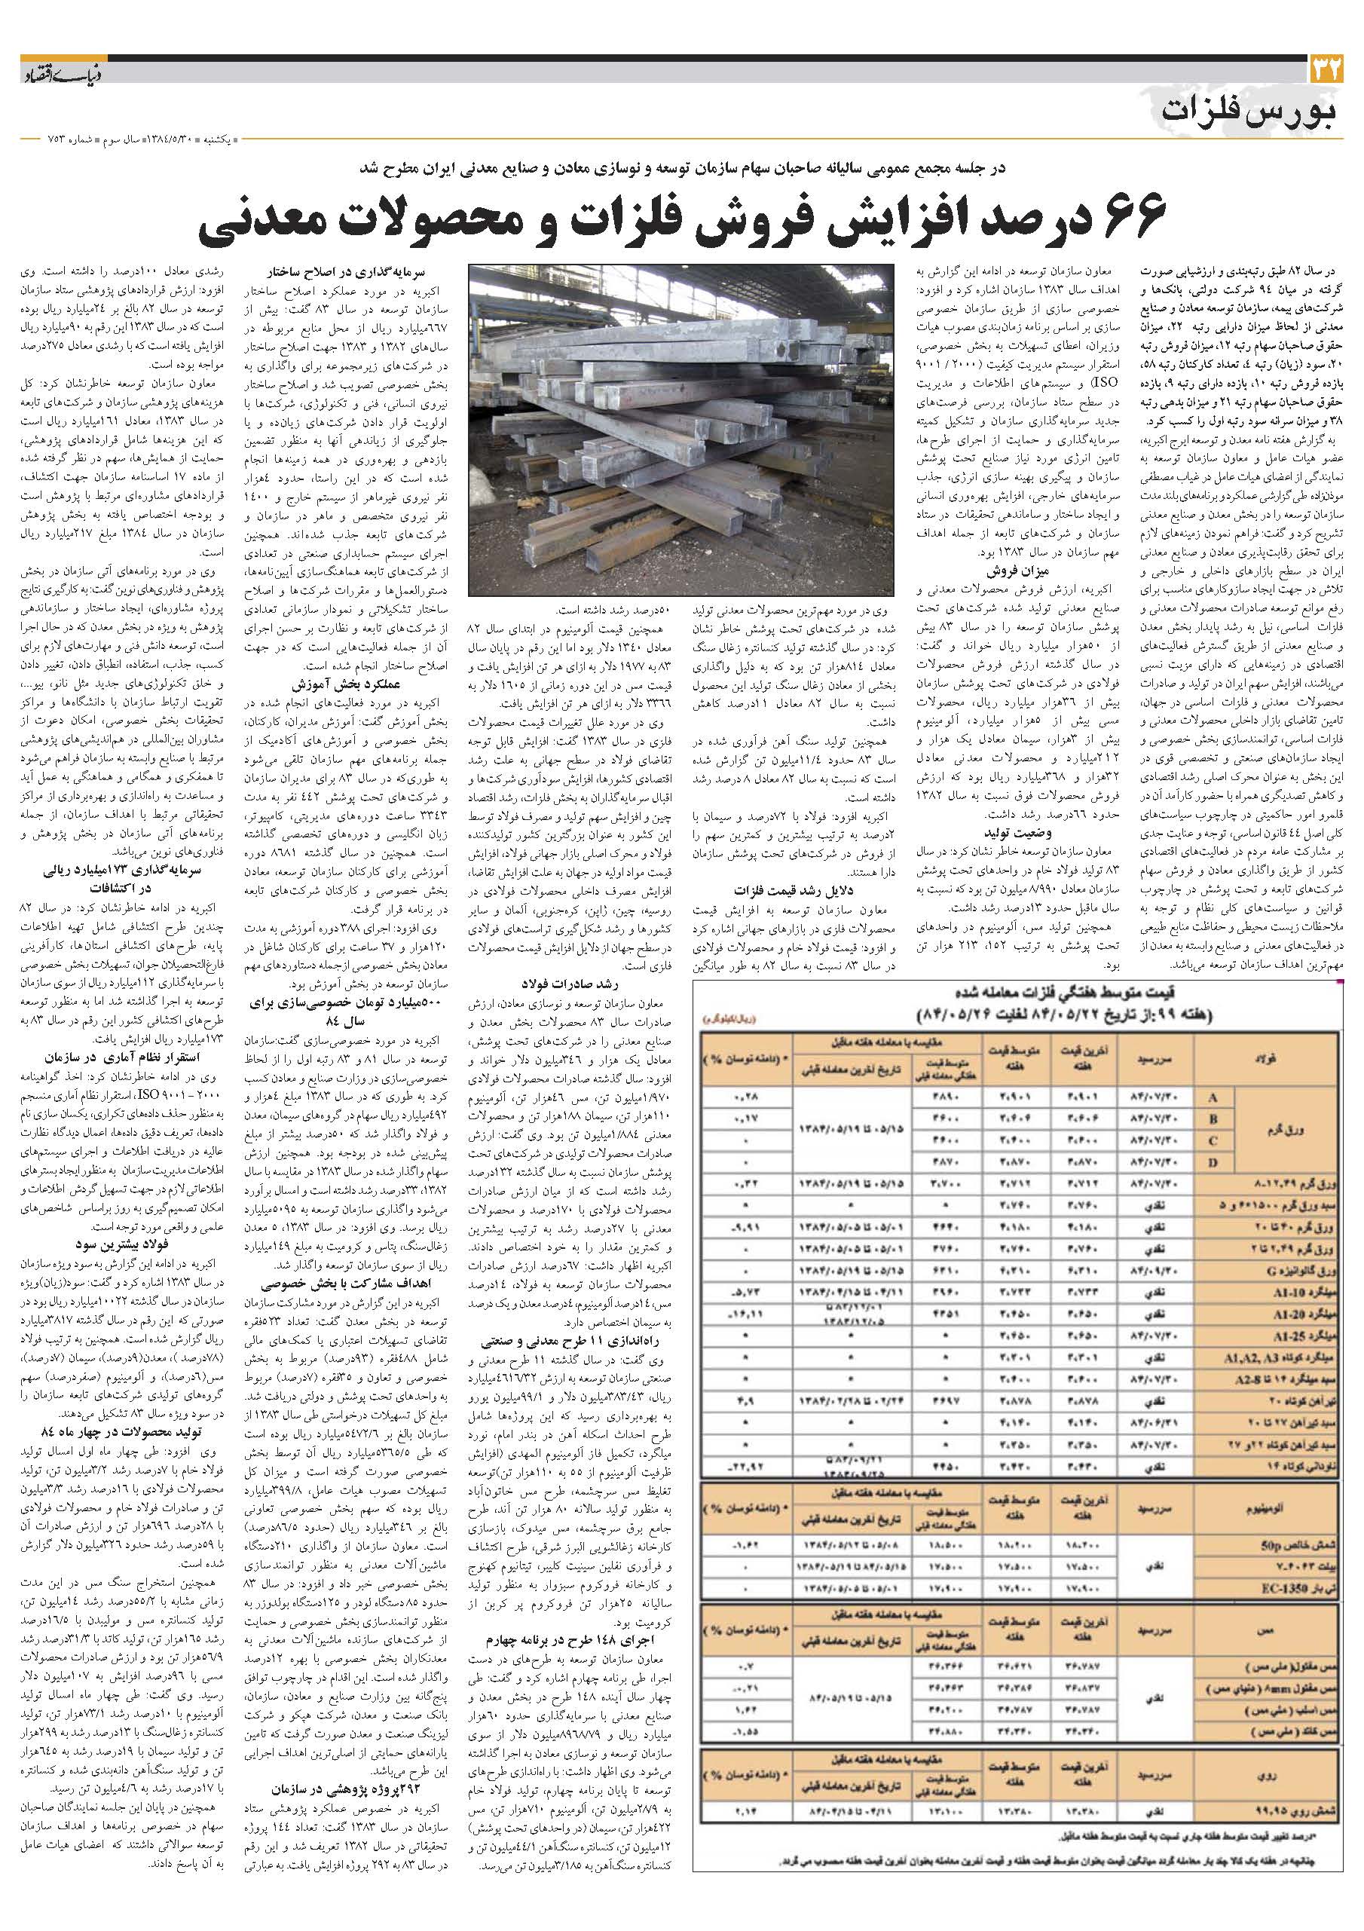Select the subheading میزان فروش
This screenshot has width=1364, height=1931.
point(1018,571)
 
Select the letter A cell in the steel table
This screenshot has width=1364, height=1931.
point(1211,1097)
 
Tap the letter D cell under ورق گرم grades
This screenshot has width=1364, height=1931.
point(1211,1161)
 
